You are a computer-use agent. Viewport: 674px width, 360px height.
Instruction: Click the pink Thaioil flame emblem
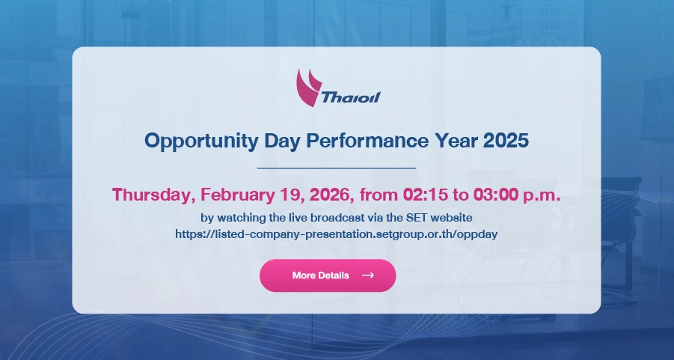coord(307,88)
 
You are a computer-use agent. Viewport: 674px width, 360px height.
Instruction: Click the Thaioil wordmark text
coord(351,97)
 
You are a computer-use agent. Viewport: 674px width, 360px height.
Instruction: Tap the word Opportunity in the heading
coord(200,141)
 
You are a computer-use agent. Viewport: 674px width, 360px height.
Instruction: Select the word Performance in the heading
coord(367,140)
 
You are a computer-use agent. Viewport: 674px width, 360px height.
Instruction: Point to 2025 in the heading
coord(506,140)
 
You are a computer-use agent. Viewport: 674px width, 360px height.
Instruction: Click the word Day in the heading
coord(281,141)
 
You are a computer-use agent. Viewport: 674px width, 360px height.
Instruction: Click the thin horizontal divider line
coord(337,168)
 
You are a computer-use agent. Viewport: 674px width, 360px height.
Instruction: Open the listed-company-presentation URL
coord(336,234)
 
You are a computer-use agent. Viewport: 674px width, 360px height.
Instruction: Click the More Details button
coord(328,275)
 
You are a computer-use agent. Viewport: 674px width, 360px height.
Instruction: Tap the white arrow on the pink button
coord(368,275)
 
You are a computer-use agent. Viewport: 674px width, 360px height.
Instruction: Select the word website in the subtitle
coord(451,218)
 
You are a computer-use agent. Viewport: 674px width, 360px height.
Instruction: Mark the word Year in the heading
coord(456,140)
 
